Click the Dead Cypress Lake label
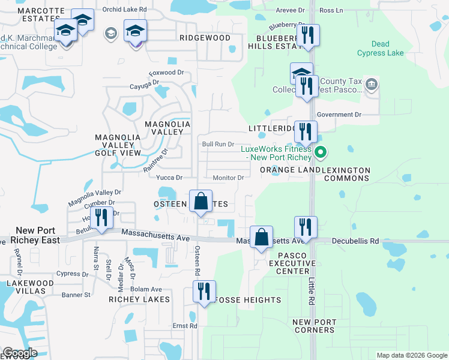click(380, 49)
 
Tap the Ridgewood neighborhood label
click(205, 38)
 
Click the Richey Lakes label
click(139, 299)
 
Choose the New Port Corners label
click(314, 326)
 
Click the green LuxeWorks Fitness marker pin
click(321, 153)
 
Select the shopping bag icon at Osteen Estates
click(201, 202)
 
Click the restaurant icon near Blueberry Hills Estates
click(308, 35)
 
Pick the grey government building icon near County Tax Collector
click(372, 83)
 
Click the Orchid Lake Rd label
click(124, 10)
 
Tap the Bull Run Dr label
click(217, 144)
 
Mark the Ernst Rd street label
click(185, 326)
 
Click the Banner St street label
click(76, 295)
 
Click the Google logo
click(20, 353)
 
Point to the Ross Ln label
click(331, 10)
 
